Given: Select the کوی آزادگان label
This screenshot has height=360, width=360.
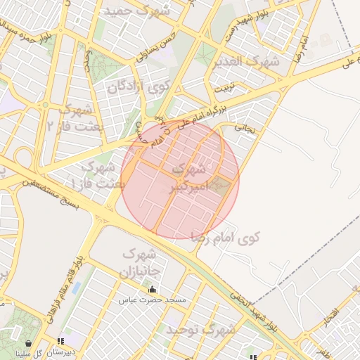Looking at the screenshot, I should (x=139, y=87).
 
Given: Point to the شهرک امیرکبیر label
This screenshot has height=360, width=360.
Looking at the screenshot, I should (x=190, y=179).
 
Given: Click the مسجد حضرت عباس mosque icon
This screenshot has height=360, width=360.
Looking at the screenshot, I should (x=152, y=290).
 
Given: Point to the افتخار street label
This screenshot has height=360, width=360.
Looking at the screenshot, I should (x=331, y=316).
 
